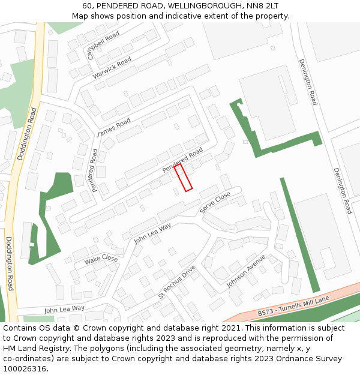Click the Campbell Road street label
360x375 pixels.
103,46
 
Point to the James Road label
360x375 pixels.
114,127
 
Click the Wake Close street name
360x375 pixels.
101,259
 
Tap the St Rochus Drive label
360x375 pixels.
177,282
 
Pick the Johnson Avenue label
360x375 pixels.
246,271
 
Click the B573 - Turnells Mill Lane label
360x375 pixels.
294,307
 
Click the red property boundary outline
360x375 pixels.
183,178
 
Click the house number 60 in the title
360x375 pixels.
88,6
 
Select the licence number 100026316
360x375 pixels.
25,368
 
